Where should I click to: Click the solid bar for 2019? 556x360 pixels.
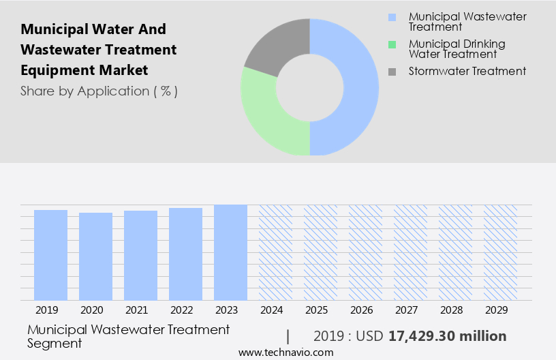[x=50, y=255]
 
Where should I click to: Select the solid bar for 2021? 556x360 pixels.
[x=140, y=256]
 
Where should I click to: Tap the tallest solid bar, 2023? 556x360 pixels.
[x=230, y=252]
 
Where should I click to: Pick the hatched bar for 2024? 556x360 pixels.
[x=275, y=252]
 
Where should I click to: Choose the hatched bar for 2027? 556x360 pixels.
[x=410, y=252]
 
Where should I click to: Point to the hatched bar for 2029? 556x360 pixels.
[x=500, y=252]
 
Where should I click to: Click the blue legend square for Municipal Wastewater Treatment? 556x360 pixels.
[x=392, y=17]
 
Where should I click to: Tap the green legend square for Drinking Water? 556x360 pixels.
[x=392, y=44]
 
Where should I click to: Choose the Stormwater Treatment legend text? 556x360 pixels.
[x=467, y=71]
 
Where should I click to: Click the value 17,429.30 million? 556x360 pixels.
[x=447, y=336]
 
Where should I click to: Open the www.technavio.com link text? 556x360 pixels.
[x=286, y=352]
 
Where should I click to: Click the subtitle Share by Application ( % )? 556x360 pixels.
[x=99, y=91]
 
